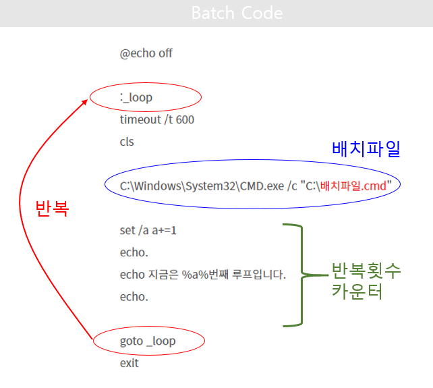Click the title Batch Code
coord(237,13)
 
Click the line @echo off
coord(146,53)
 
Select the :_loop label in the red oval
coord(137,98)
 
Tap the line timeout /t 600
coord(157,119)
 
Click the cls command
coord(127,142)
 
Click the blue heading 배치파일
coord(366,149)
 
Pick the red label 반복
coord(52,208)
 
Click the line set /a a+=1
coord(148,230)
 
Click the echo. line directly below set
coord(134,252)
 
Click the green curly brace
coord(300,275)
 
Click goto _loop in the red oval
coord(147,341)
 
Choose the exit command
coord(129,363)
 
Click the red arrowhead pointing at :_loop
coord(85,102)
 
